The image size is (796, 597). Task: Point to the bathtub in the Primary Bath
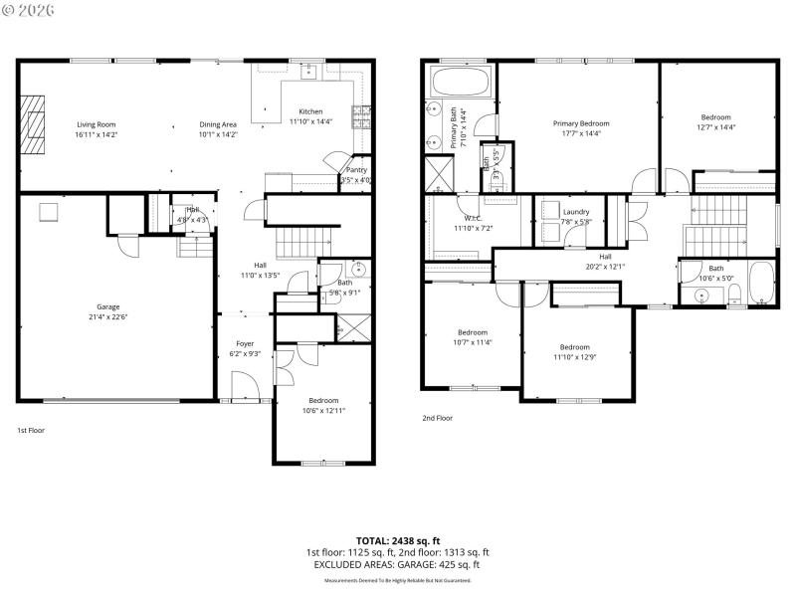click(x=461, y=81)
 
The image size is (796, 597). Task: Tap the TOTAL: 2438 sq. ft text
click(x=398, y=540)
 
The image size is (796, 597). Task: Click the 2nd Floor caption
click(x=437, y=418)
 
